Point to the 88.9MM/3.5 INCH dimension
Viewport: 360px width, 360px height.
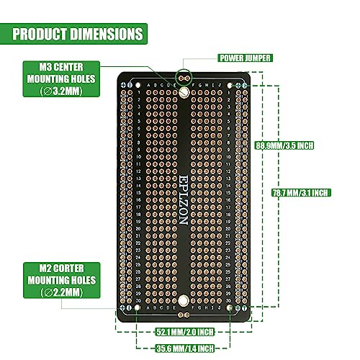coord(286,145)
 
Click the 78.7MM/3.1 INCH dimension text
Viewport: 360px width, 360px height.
coord(302,193)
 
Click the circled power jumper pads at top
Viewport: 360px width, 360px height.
coord(184,74)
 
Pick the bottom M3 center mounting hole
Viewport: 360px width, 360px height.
coord(184,300)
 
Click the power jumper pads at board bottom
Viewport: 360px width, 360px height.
coord(184,315)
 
